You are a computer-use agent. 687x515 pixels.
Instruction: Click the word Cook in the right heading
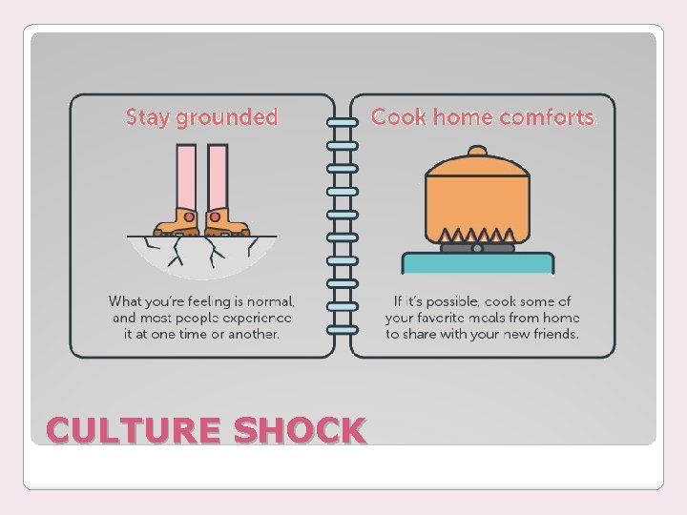pos(396,117)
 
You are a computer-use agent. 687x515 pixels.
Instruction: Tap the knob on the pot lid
pos(476,152)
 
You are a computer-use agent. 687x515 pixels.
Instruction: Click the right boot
pos(226,222)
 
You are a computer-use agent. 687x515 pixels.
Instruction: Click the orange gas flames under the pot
pos(476,236)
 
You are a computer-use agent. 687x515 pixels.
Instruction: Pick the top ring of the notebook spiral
pos(343,123)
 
